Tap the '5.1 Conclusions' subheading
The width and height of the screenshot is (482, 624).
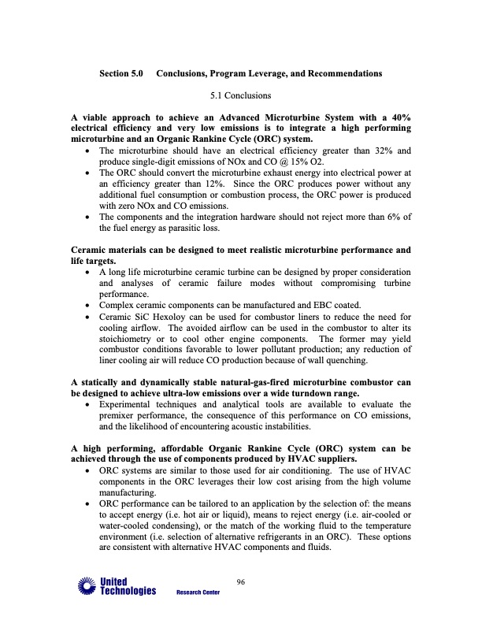pyautogui.click(x=241, y=95)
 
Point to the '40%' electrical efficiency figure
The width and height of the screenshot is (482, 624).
pyautogui.click(x=397, y=117)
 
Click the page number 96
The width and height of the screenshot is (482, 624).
pyautogui.click(x=242, y=582)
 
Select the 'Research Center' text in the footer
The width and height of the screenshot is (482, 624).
pyautogui.click(x=198, y=592)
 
